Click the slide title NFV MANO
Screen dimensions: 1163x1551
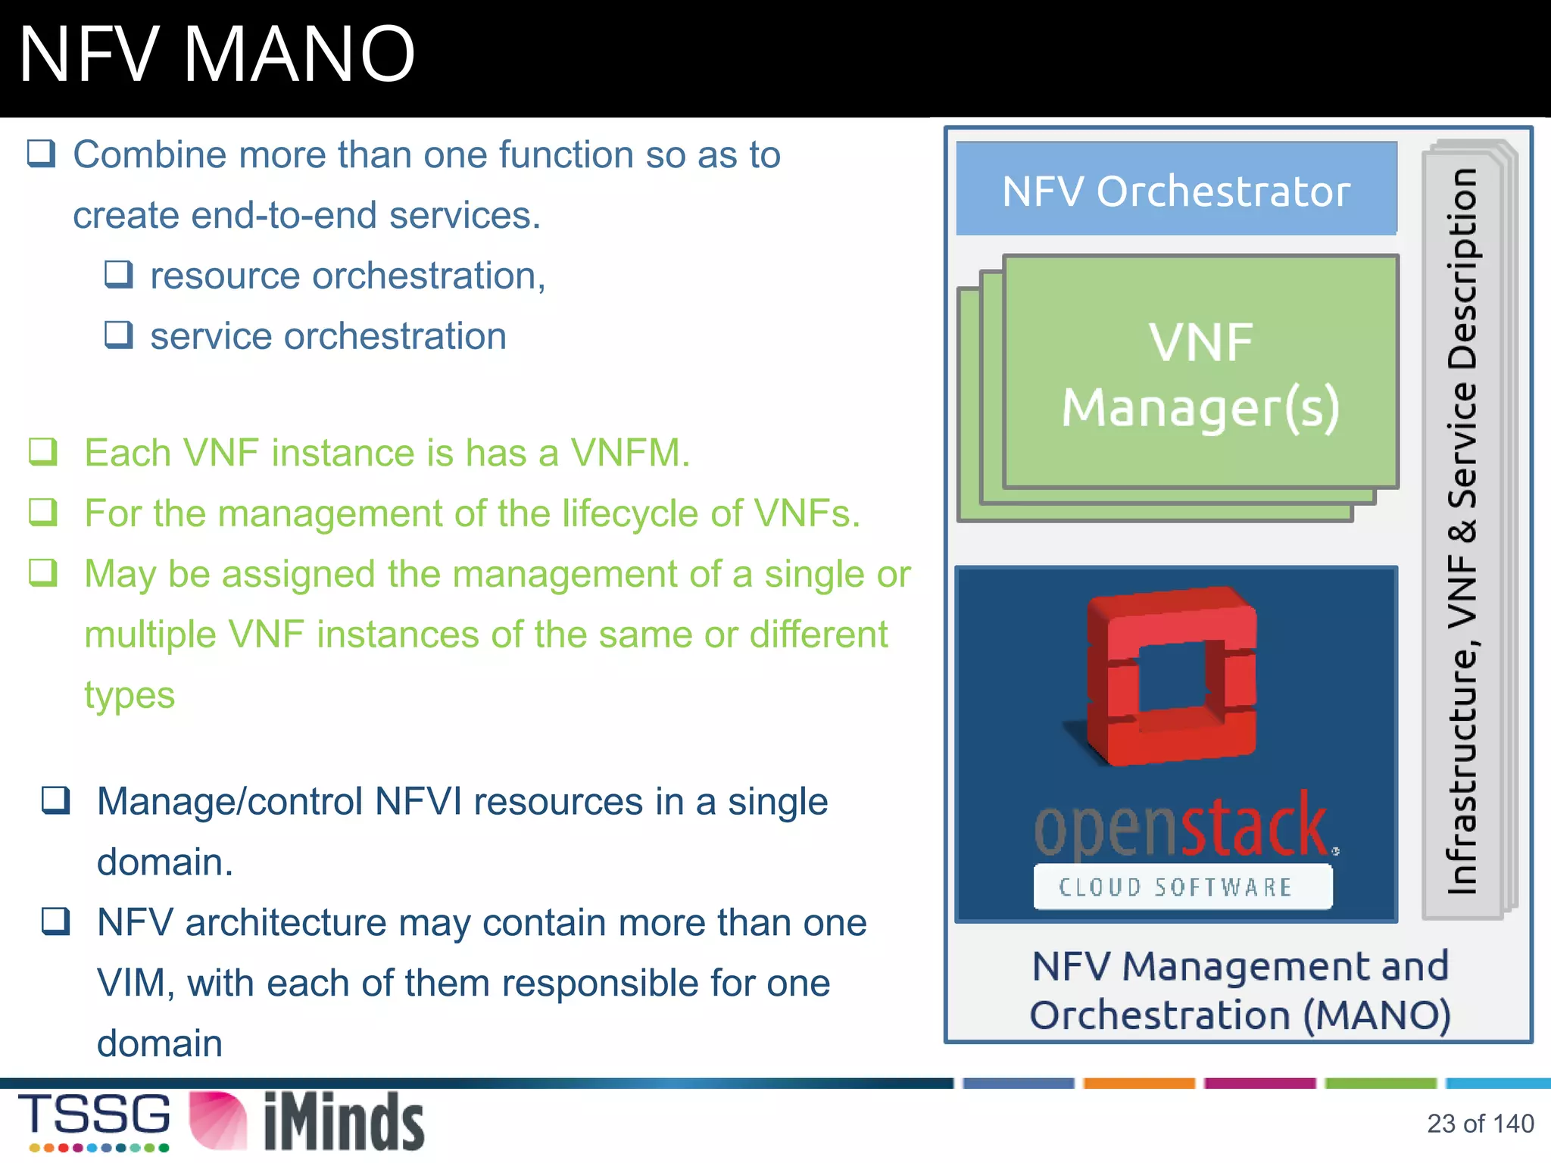click(217, 55)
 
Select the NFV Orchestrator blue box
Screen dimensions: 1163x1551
click(1175, 189)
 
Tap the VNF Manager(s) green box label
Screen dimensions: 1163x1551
click(1200, 374)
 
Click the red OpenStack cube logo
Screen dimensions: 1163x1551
click(1172, 676)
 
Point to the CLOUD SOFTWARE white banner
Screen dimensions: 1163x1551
click(1182, 887)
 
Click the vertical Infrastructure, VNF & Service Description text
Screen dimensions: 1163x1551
click(1462, 530)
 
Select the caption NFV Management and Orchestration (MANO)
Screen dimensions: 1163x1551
click(1240, 990)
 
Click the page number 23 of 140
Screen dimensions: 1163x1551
click(1480, 1124)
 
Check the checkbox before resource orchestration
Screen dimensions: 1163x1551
click(119, 274)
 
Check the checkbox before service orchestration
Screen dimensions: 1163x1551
click(119, 335)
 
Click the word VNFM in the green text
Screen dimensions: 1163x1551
click(629, 453)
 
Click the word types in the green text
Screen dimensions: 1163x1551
click(130, 695)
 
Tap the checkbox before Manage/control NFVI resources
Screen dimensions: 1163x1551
click(56, 800)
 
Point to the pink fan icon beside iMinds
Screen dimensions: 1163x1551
click(218, 1121)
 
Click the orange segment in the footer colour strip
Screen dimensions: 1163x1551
click(1138, 1083)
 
